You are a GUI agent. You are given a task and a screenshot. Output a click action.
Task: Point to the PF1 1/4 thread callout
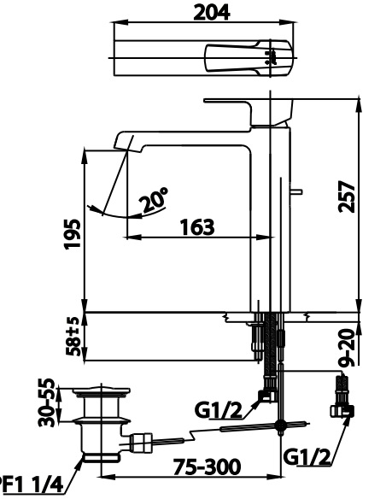30,486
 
